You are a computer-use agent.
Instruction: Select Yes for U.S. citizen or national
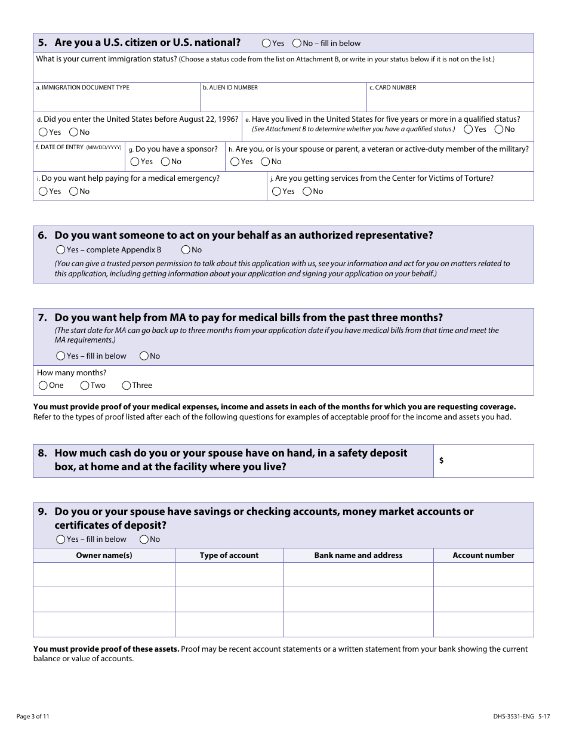266,43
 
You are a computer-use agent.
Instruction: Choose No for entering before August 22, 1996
73,132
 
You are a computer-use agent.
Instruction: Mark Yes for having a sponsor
135,162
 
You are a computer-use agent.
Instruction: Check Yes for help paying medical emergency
43,192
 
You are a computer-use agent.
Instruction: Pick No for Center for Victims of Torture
307,192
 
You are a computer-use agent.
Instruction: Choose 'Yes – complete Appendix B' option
61,250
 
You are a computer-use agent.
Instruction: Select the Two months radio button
85,385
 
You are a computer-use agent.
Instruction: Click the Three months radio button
127,385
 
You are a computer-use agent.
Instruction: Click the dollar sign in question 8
441,461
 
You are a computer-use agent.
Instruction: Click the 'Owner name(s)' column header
104,556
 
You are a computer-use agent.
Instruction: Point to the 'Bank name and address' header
358,556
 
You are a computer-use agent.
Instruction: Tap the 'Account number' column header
483,556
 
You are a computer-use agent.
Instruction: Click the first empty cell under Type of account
229,575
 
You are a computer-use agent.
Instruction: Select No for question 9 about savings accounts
144,539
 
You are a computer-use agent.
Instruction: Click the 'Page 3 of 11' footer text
33,716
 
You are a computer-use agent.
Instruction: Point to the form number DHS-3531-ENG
505,716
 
